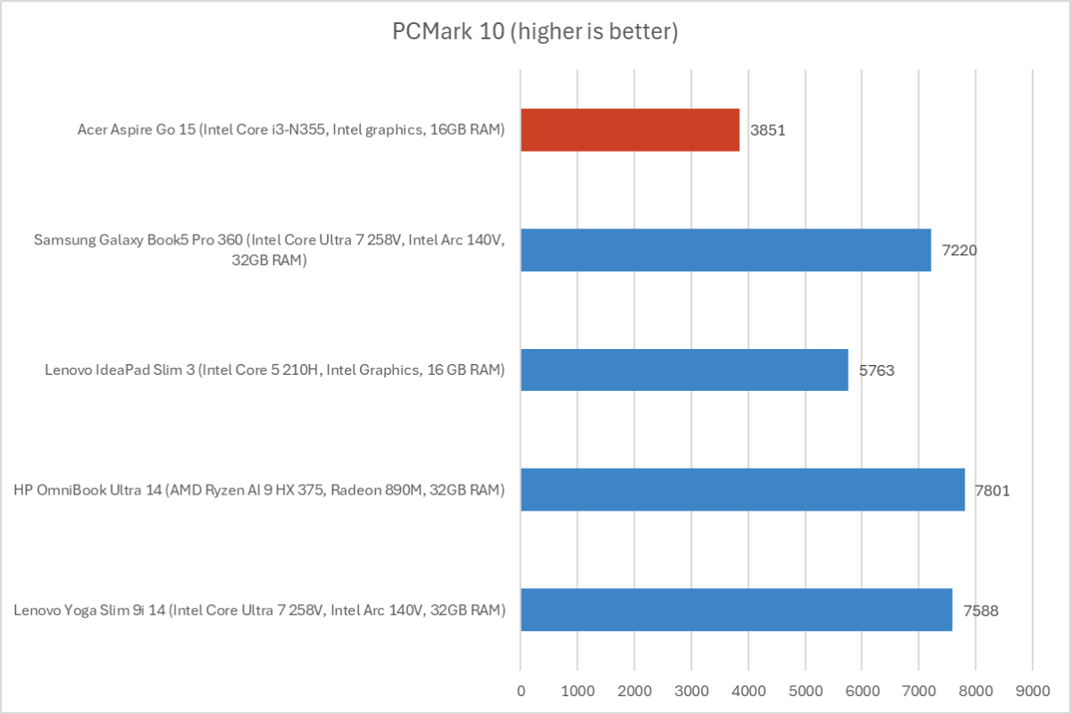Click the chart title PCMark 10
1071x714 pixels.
pyautogui.click(x=535, y=33)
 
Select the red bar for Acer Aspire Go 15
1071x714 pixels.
pyautogui.click(x=630, y=129)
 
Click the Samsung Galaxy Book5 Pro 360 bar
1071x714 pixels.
pyautogui.click(x=725, y=250)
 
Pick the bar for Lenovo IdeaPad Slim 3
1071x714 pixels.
pyautogui.click(x=684, y=369)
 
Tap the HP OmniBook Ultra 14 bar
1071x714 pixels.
pyautogui.click(x=742, y=490)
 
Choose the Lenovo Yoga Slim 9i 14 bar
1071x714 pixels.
pyautogui.click(x=736, y=610)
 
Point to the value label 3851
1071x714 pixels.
pyautogui.click(x=767, y=129)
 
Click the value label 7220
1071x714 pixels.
pyautogui.click(x=958, y=250)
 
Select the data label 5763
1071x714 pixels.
pyautogui.click(x=875, y=369)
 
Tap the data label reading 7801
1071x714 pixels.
pyautogui.click(x=992, y=490)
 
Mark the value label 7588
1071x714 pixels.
pyautogui.click(x=980, y=610)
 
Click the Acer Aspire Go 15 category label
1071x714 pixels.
pyautogui.click(x=291, y=130)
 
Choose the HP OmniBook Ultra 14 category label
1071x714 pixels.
pyautogui.click(x=259, y=490)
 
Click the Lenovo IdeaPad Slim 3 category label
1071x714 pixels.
pyautogui.click(x=274, y=370)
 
